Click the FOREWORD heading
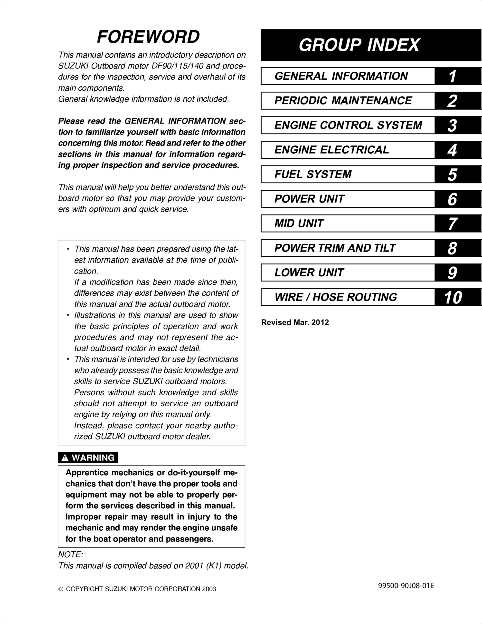(x=148, y=37)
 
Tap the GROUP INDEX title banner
(x=359, y=45)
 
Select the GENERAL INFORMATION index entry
(x=341, y=76)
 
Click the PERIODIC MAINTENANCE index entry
(x=343, y=101)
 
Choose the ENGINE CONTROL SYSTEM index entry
(x=348, y=125)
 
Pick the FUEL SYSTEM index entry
(x=313, y=174)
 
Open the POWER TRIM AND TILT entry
(x=335, y=248)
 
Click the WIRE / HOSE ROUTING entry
(x=336, y=297)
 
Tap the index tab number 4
(x=452, y=150)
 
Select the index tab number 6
(x=452, y=199)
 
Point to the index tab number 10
(x=453, y=297)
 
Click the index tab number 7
(x=452, y=224)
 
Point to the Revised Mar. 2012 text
(x=295, y=322)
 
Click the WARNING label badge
(x=88, y=458)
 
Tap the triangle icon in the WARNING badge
(x=65, y=458)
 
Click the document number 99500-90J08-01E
(x=406, y=586)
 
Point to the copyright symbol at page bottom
(x=61, y=589)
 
